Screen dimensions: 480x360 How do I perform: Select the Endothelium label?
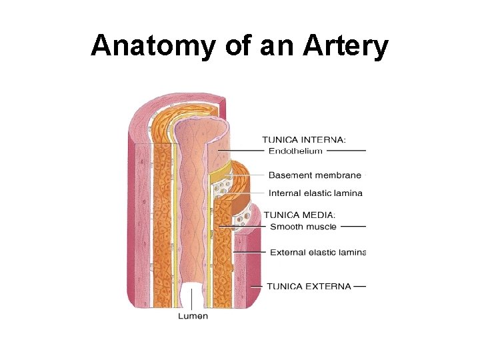[x=295, y=151]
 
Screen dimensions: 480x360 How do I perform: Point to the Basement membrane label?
[x=315, y=175]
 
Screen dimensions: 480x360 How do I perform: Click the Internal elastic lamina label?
[x=315, y=193]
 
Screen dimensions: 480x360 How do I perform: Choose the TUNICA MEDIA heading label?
[x=299, y=215]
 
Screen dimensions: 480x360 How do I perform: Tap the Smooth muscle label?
[x=303, y=227]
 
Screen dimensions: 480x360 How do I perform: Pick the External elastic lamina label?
[x=317, y=253]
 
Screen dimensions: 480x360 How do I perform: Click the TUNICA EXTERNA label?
[x=309, y=287]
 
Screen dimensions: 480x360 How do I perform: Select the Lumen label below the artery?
[x=193, y=316]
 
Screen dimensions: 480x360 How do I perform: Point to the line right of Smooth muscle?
[x=353, y=227]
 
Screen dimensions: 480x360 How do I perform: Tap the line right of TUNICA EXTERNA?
[x=359, y=287]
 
